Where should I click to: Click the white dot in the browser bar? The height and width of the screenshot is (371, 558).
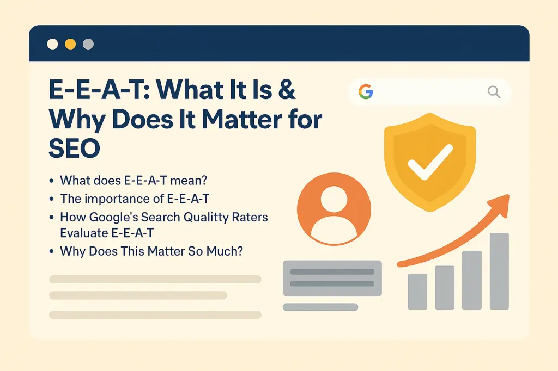coord(52,44)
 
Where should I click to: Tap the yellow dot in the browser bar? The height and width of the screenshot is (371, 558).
coord(70,44)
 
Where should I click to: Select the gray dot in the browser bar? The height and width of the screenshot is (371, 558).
coord(88,44)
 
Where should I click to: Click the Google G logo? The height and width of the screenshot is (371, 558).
coord(366,92)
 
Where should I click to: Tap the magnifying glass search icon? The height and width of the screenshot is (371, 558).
coord(494,92)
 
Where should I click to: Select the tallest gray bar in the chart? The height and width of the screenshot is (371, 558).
coord(499,271)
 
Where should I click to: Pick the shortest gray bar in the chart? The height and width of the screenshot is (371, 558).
coord(417,291)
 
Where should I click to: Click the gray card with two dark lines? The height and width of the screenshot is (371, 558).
coord(332,278)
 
